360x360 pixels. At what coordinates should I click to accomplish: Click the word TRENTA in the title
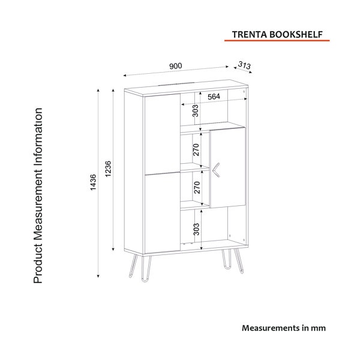(250, 34)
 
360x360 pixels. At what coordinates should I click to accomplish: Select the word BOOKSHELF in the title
(296, 34)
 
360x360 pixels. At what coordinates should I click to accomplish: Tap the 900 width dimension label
(176, 66)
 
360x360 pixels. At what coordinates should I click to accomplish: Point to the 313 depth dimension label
(244, 65)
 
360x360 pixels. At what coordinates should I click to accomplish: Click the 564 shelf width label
(214, 97)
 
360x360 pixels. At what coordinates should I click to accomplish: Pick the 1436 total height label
(93, 182)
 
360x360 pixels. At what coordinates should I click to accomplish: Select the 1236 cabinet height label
(108, 169)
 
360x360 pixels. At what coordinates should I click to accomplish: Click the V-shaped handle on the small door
(216, 170)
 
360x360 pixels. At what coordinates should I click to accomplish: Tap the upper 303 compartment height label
(195, 110)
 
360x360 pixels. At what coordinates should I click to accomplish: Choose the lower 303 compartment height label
(197, 229)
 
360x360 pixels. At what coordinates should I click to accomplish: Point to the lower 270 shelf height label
(197, 187)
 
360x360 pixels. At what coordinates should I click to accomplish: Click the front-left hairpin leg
(146, 269)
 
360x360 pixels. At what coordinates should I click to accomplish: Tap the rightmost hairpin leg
(239, 261)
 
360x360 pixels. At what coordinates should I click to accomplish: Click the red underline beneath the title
(277, 41)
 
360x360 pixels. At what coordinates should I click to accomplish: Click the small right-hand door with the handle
(228, 168)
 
